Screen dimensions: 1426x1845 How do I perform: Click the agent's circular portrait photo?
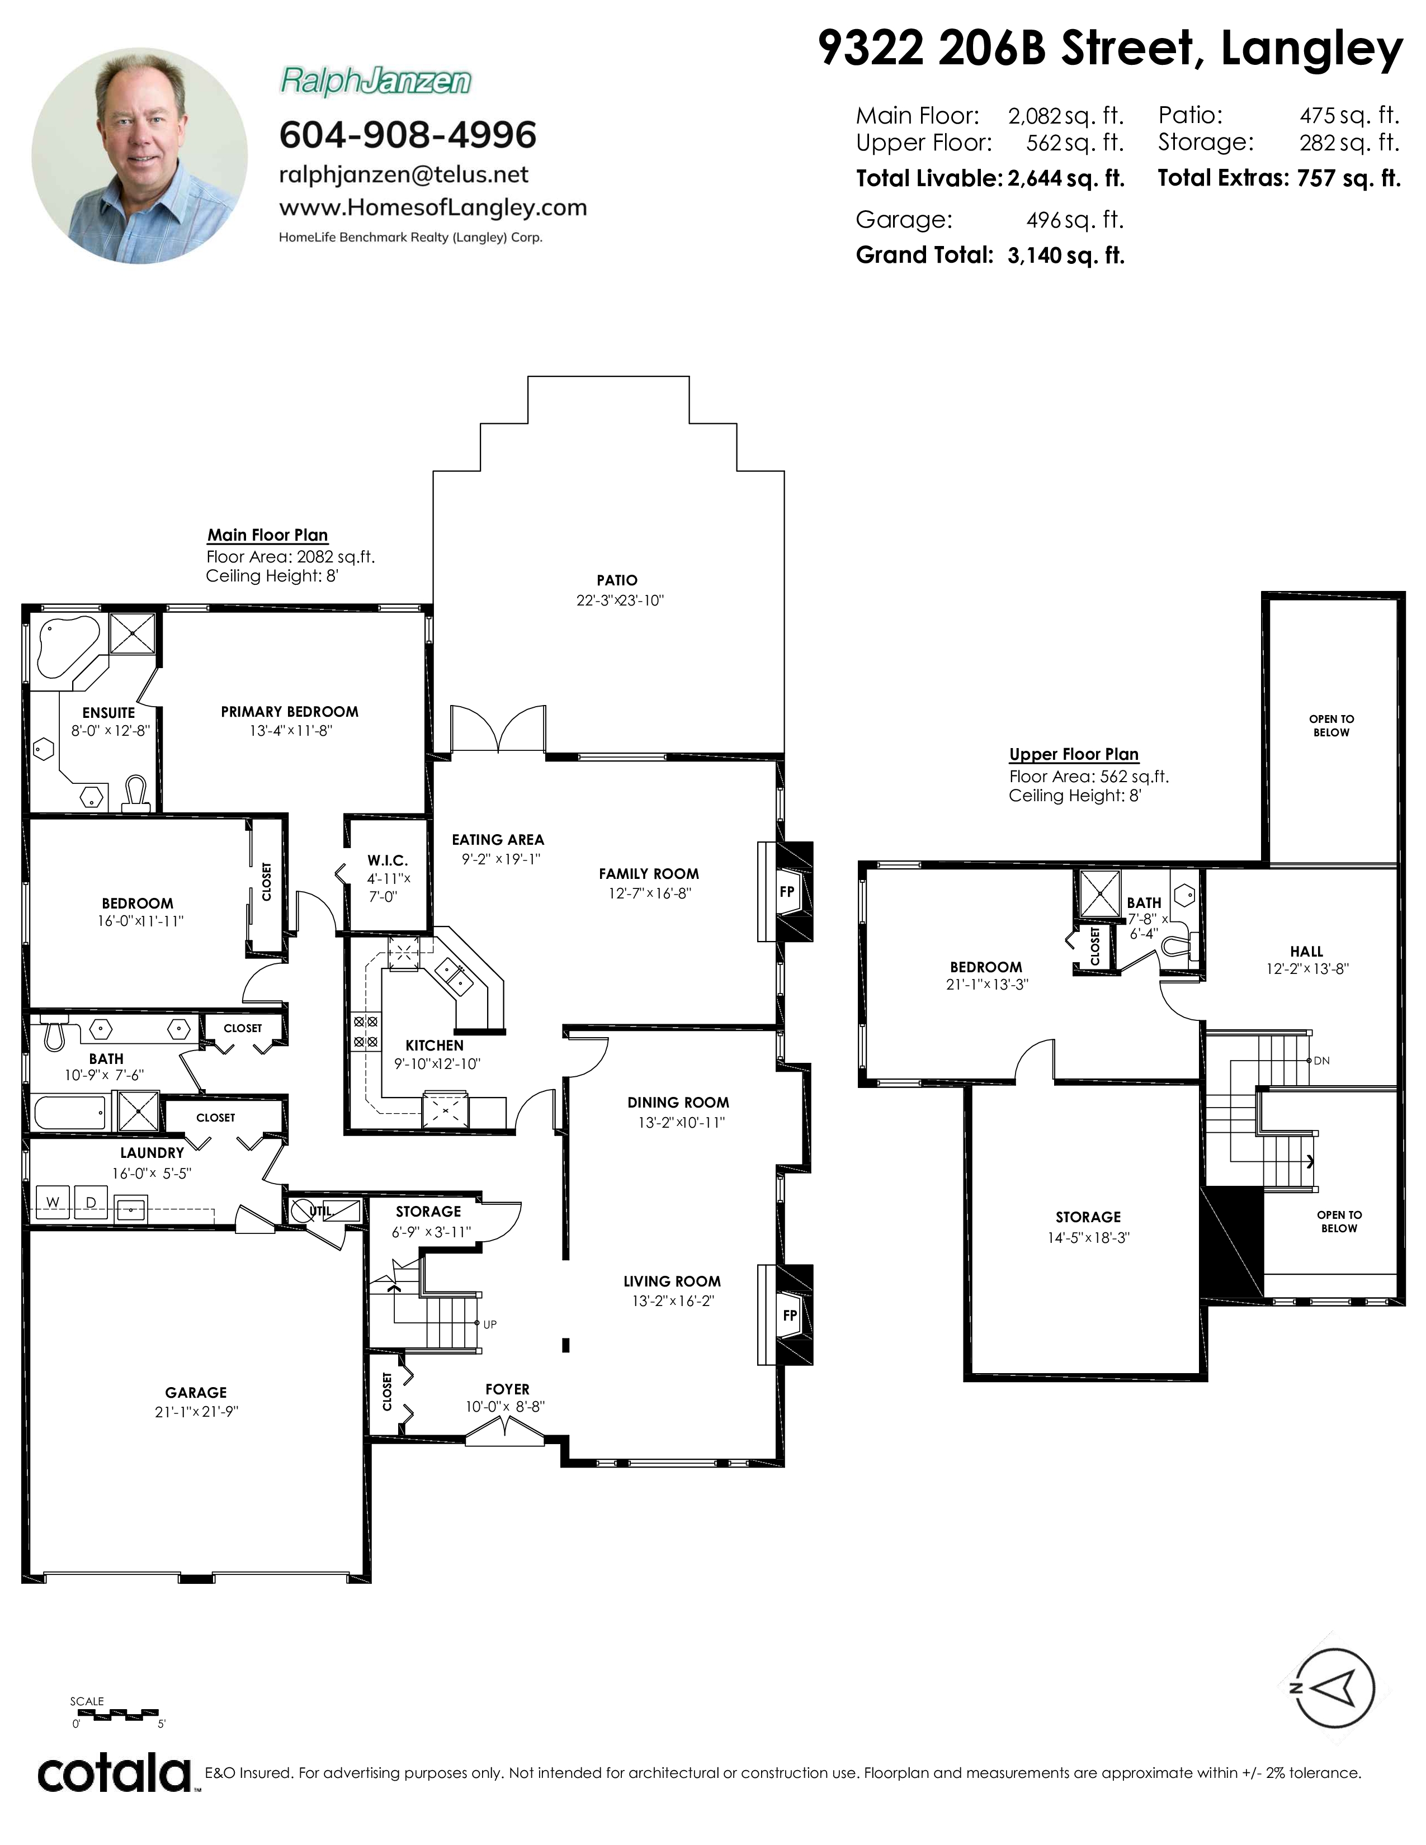click(x=140, y=155)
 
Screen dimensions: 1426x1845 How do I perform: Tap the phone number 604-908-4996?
click(x=408, y=135)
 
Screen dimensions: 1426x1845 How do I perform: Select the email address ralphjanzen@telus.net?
click(x=404, y=175)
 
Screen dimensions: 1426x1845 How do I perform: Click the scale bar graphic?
click(x=116, y=1714)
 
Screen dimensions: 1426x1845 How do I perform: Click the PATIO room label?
click(x=617, y=580)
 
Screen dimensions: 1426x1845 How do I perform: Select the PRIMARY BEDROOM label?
click(x=290, y=712)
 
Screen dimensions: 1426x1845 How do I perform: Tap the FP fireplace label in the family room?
click(x=786, y=891)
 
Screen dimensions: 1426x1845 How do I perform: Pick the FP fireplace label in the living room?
click(x=789, y=1316)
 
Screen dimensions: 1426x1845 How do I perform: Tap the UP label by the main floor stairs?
click(x=490, y=1324)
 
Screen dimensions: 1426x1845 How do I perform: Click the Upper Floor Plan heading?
click(x=1074, y=754)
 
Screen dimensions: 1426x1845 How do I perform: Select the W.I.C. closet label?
click(x=388, y=861)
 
